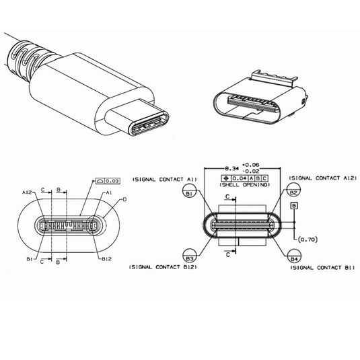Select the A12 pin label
[28, 192]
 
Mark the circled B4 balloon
[293, 258]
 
